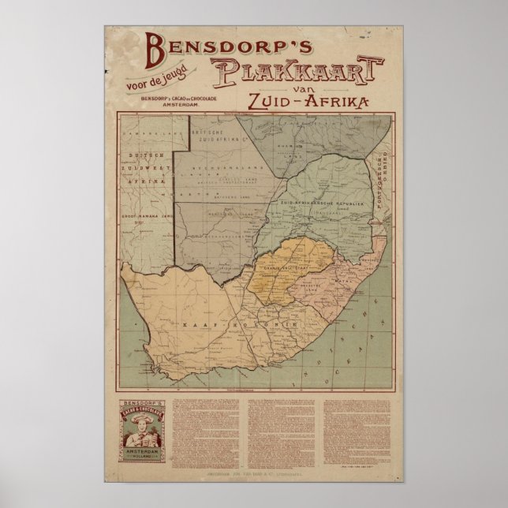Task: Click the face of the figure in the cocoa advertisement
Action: click(143, 435)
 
